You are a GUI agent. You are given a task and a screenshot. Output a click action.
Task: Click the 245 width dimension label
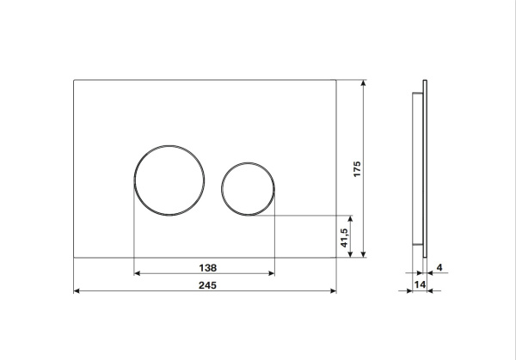(x=207, y=285)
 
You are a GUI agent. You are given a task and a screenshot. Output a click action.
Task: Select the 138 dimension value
(x=208, y=268)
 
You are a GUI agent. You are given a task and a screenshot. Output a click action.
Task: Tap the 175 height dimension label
(x=357, y=169)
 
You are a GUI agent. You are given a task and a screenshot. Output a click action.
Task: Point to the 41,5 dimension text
(x=344, y=238)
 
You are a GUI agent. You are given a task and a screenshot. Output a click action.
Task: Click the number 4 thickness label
(x=439, y=267)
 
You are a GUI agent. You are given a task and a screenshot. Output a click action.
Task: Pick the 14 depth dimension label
(x=420, y=284)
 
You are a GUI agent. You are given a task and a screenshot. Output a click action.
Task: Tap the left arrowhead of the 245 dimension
(x=77, y=290)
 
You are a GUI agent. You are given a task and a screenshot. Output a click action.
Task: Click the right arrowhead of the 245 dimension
(x=333, y=290)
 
